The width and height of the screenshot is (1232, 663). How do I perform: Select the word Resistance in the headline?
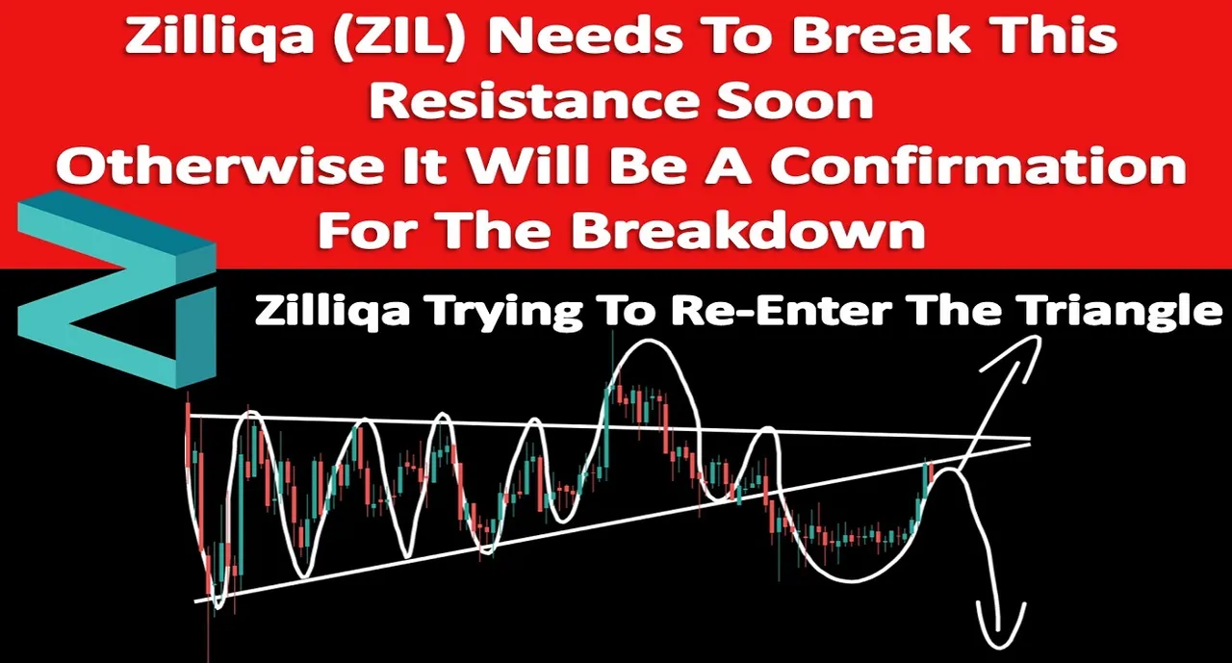click(530, 102)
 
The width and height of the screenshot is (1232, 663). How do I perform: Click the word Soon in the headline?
click(794, 102)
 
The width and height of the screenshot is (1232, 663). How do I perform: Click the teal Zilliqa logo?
click(116, 288)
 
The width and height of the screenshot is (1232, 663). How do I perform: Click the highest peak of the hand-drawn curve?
click(648, 342)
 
